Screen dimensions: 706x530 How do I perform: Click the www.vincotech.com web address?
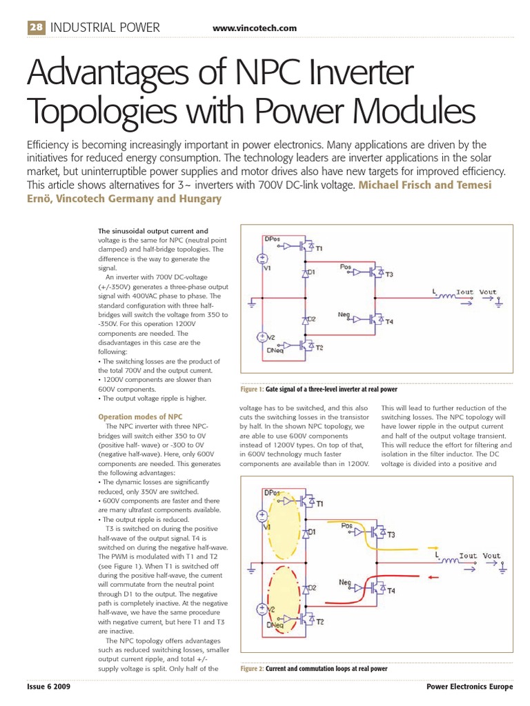click(255, 28)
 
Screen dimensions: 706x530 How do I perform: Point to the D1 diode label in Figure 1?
click(311, 272)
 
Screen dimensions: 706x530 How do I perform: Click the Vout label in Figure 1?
click(488, 292)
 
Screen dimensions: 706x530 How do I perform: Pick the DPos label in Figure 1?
click(273, 239)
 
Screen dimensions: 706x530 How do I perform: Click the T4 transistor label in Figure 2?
click(391, 591)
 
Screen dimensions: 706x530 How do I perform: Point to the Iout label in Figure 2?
click(469, 556)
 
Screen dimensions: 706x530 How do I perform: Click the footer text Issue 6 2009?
click(48, 688)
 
